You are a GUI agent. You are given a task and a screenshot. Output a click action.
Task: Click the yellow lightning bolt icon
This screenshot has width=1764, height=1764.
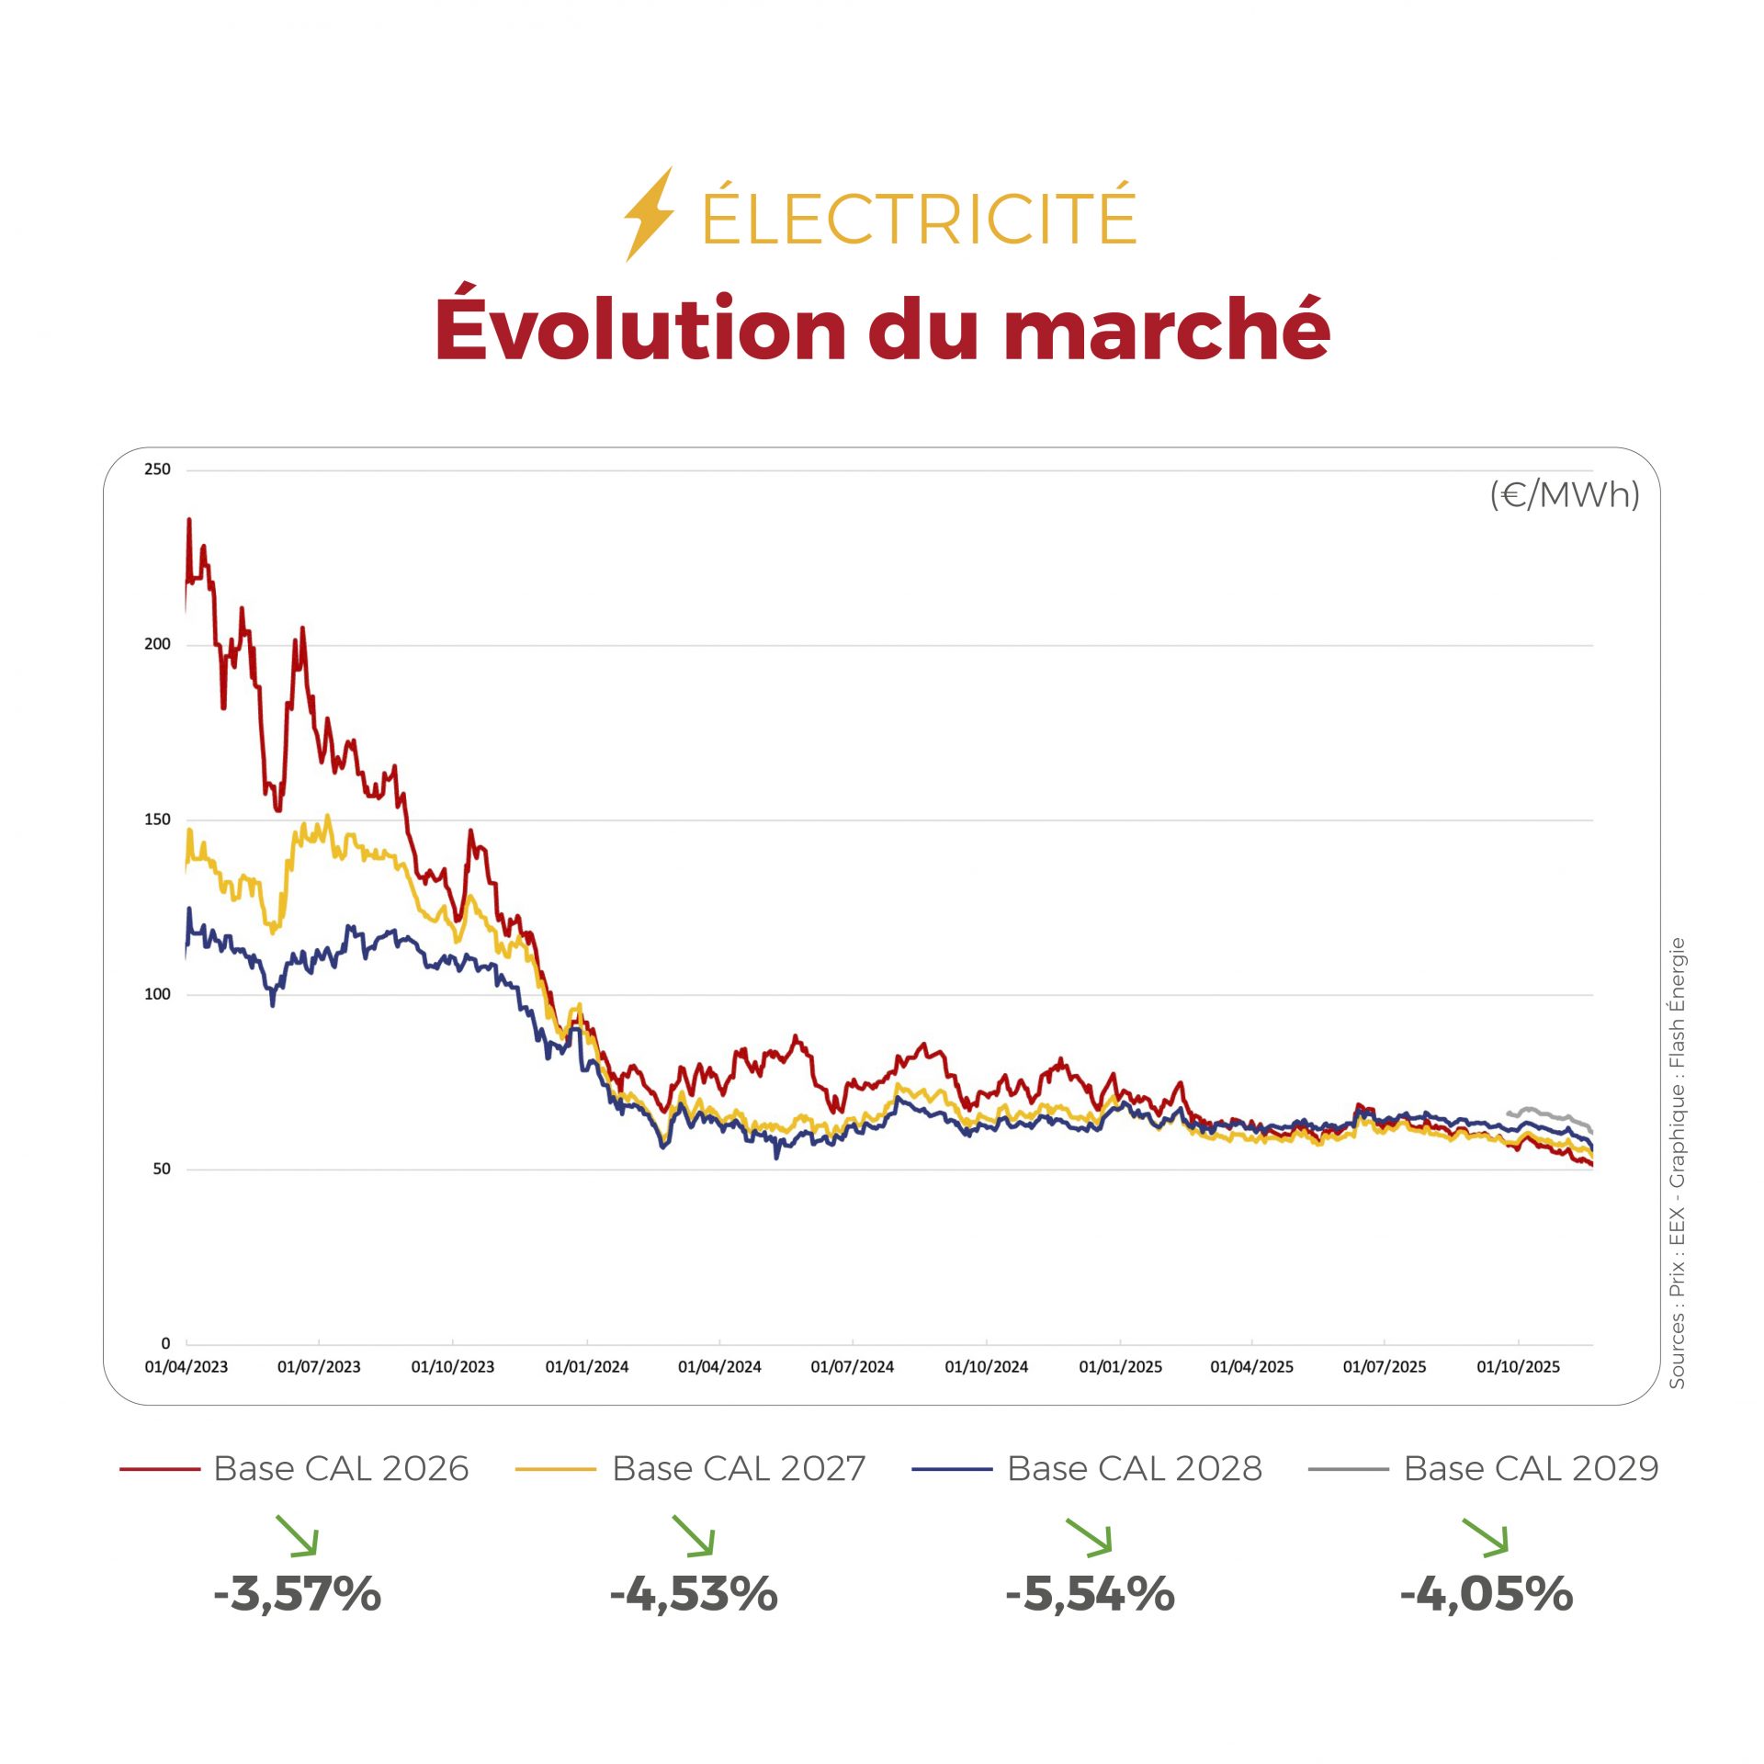tap(650, 213)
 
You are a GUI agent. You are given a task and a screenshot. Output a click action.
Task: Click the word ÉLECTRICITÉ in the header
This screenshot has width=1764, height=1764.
tap(919, 218)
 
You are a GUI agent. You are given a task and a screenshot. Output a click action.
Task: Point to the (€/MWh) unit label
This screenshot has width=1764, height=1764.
tap(1564, 495)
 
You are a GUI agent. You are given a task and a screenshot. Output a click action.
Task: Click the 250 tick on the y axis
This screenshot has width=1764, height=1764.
tap(157, 469)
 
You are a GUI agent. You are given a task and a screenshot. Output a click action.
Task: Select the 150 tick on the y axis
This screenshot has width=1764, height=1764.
tap(157, 820)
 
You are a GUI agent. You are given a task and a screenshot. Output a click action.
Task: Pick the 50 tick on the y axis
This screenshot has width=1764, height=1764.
tap(162, 1170)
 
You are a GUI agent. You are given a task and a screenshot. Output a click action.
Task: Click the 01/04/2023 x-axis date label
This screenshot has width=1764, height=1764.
tap(186, 1367)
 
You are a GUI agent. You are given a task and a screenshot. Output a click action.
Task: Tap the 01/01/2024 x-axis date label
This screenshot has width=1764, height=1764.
tap(586, 1367)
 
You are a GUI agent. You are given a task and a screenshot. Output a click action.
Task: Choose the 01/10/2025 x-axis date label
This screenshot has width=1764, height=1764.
tap(1518, 1367)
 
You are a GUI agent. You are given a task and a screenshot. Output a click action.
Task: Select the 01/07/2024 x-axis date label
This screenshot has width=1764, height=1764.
tap(852, 1367)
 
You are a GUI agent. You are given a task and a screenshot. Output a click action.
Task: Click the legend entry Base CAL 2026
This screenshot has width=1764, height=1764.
tap(341, 1469)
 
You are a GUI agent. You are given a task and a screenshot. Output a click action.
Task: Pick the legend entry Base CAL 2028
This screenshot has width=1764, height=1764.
tap(1134, 1469)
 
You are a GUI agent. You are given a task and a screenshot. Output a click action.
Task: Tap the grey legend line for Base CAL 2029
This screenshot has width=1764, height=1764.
tap(1348, 1470)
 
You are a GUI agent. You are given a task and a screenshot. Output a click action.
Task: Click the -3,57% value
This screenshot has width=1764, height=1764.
tap(297, 1594)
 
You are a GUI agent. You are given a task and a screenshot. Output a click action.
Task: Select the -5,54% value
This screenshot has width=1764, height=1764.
tap(1090, 1594)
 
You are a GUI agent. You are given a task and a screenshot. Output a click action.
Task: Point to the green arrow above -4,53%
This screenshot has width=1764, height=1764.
tap(694, 1536)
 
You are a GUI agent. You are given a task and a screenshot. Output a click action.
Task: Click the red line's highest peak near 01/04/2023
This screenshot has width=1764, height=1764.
tap(189, 520)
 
